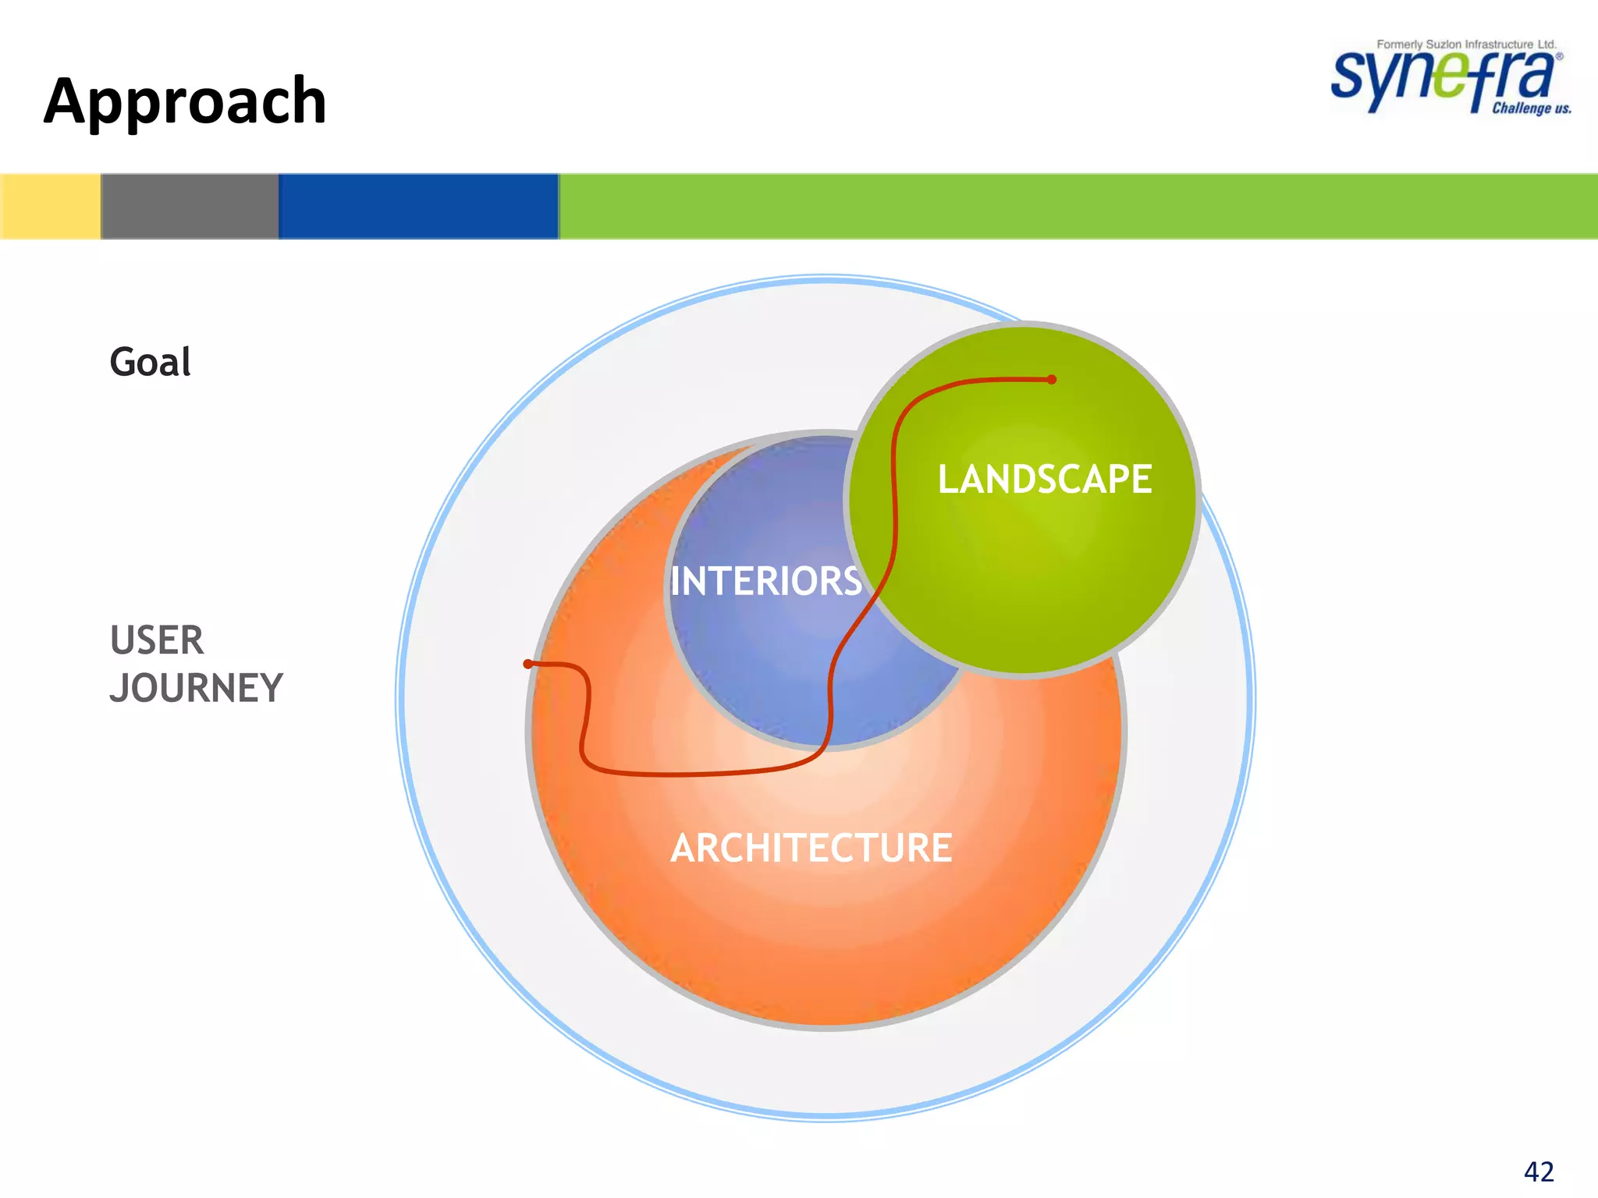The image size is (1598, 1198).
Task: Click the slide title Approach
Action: coord(185,101)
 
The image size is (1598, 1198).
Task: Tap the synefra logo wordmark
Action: coord(1444,78)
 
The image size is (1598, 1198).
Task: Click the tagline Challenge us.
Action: coord(1531,108)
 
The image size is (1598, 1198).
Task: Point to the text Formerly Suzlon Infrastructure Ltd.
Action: coord(1466,44)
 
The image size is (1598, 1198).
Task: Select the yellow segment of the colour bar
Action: coord(50,206)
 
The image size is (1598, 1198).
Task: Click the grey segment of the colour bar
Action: coord(190,206)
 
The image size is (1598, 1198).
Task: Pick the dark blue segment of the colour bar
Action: coord(418,206)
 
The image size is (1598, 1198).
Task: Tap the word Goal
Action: coord(150,362)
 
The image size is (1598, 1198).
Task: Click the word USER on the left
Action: coord(156,640)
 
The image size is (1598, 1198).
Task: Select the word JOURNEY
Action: coord(196,688)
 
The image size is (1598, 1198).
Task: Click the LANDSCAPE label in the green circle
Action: coord(1044,479)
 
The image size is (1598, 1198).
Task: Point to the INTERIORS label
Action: coord(765,581)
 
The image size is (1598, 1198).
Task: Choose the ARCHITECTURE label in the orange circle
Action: coord(811,848)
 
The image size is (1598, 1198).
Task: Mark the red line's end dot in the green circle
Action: coord(1052,380)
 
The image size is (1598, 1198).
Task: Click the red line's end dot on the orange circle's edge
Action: coord(528,664)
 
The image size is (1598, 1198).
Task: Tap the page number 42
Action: coord(1539,1171)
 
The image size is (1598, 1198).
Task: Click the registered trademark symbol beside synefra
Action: coord(1559,56)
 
